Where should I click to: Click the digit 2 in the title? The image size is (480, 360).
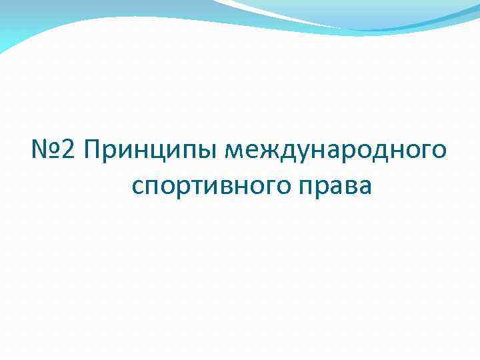coord(73,151)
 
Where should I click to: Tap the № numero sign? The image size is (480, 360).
coord(47,151)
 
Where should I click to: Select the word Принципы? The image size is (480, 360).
coord(152,152)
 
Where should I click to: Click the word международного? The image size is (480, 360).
coord(336,152)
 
